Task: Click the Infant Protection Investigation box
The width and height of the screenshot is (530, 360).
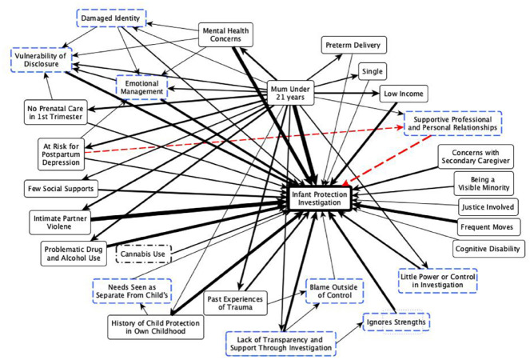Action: pyautogui.click(x=320, y=198)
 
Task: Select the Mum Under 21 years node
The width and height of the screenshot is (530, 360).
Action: pyautogui.click(x=290, y=93)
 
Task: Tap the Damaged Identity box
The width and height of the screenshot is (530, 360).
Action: pyautogui.click(x=111, y=18)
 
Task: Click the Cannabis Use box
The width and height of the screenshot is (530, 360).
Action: pyautogui.click(x=143, y=254)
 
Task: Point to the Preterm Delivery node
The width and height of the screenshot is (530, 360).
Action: pyautogui.click(x=353, y=45)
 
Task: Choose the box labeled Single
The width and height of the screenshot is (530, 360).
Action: pyautogui.click(x=373, y=71)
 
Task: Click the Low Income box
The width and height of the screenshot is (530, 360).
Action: pyautogui.click(x=404, y=94)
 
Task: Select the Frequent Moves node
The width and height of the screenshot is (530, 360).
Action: pyautogui.click(x=487, y=227)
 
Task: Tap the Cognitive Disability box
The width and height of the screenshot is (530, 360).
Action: pyautogui.click(x=488, y=249)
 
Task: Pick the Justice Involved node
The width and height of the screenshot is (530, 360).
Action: pyautogui.click(x=488, y=206)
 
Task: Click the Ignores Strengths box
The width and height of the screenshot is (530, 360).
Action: pyautogui.click(x=397, y=322)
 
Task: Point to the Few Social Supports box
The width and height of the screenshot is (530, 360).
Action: pyautogui.click(x=61, y=189)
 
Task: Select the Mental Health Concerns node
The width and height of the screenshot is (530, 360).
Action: pyautogui.click(x=225, y=34)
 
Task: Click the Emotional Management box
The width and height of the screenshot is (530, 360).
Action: pyautogui.click(x=141, y=87)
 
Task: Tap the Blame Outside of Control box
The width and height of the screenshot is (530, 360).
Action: pyautogui.click(x=334, y=291)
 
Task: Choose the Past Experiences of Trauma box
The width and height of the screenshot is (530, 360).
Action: pyautogui.click(x=235, y=303)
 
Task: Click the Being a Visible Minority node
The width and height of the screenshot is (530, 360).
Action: pyautogui.click(x=484, y=183)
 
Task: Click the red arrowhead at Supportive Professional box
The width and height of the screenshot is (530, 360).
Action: pyautogui.click(x=400, y=127)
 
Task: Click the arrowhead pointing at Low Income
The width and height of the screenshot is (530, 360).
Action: pyautogui.click(x=376, y=94)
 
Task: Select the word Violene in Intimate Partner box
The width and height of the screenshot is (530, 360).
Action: pyautogui.click(x=59, y=226)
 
